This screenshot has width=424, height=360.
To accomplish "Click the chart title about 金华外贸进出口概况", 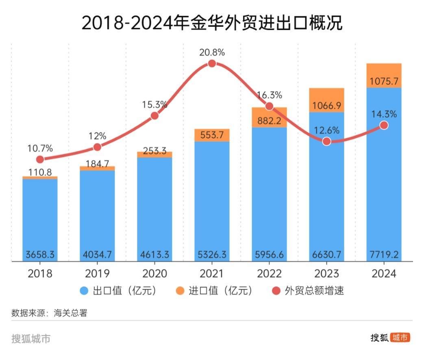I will [212, 23].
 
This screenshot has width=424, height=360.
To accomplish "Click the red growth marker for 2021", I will [212, 63].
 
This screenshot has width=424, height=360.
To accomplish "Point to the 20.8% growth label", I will [212, 52].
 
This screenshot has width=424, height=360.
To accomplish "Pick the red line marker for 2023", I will [326, 141].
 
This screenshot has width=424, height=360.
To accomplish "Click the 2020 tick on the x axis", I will [154, 273].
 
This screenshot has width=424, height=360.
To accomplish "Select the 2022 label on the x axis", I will [269, 273].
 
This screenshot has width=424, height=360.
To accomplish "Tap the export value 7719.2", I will [384, 255].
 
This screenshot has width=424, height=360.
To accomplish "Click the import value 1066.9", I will [326, 106].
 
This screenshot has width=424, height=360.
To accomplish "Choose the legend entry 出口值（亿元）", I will [118, 291].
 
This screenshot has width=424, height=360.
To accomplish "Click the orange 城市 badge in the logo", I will [400, 338].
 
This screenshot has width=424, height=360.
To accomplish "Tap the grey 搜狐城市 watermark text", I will [31, 338].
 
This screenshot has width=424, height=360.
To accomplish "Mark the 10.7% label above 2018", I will [40, 148].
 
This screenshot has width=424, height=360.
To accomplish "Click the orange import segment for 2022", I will [269, 118].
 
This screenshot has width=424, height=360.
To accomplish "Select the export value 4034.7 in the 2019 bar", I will [97, 255].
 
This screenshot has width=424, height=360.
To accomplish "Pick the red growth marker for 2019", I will [97, 147].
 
